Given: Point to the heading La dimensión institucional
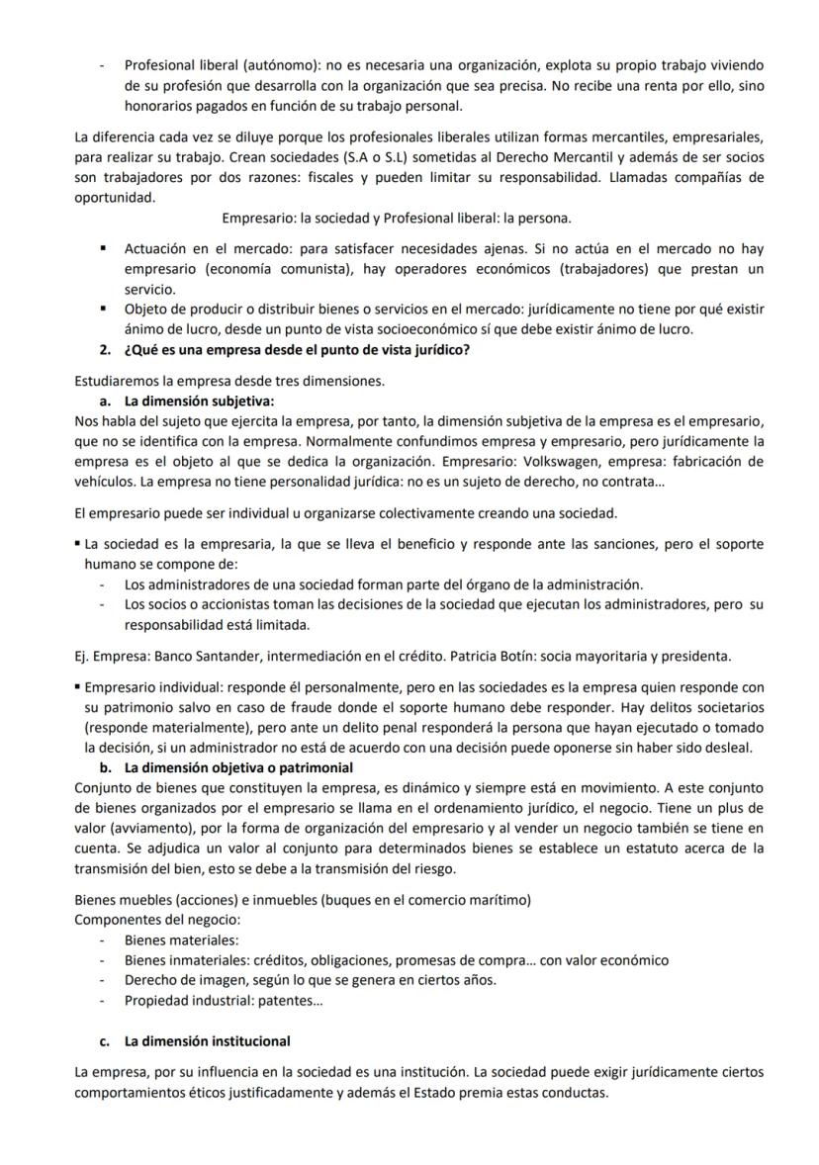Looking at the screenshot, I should pyautogui.click(x=207, y=1040).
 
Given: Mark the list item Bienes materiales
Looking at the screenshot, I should pyautogui.click(x=174, y=940).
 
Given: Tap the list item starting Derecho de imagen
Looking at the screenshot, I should pyautogui.click(x=310, y=980).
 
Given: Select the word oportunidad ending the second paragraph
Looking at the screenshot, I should pyautogui.click(x=114, y=197).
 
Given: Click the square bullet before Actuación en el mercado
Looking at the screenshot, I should pyautogui.click(x=103, y=249).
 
